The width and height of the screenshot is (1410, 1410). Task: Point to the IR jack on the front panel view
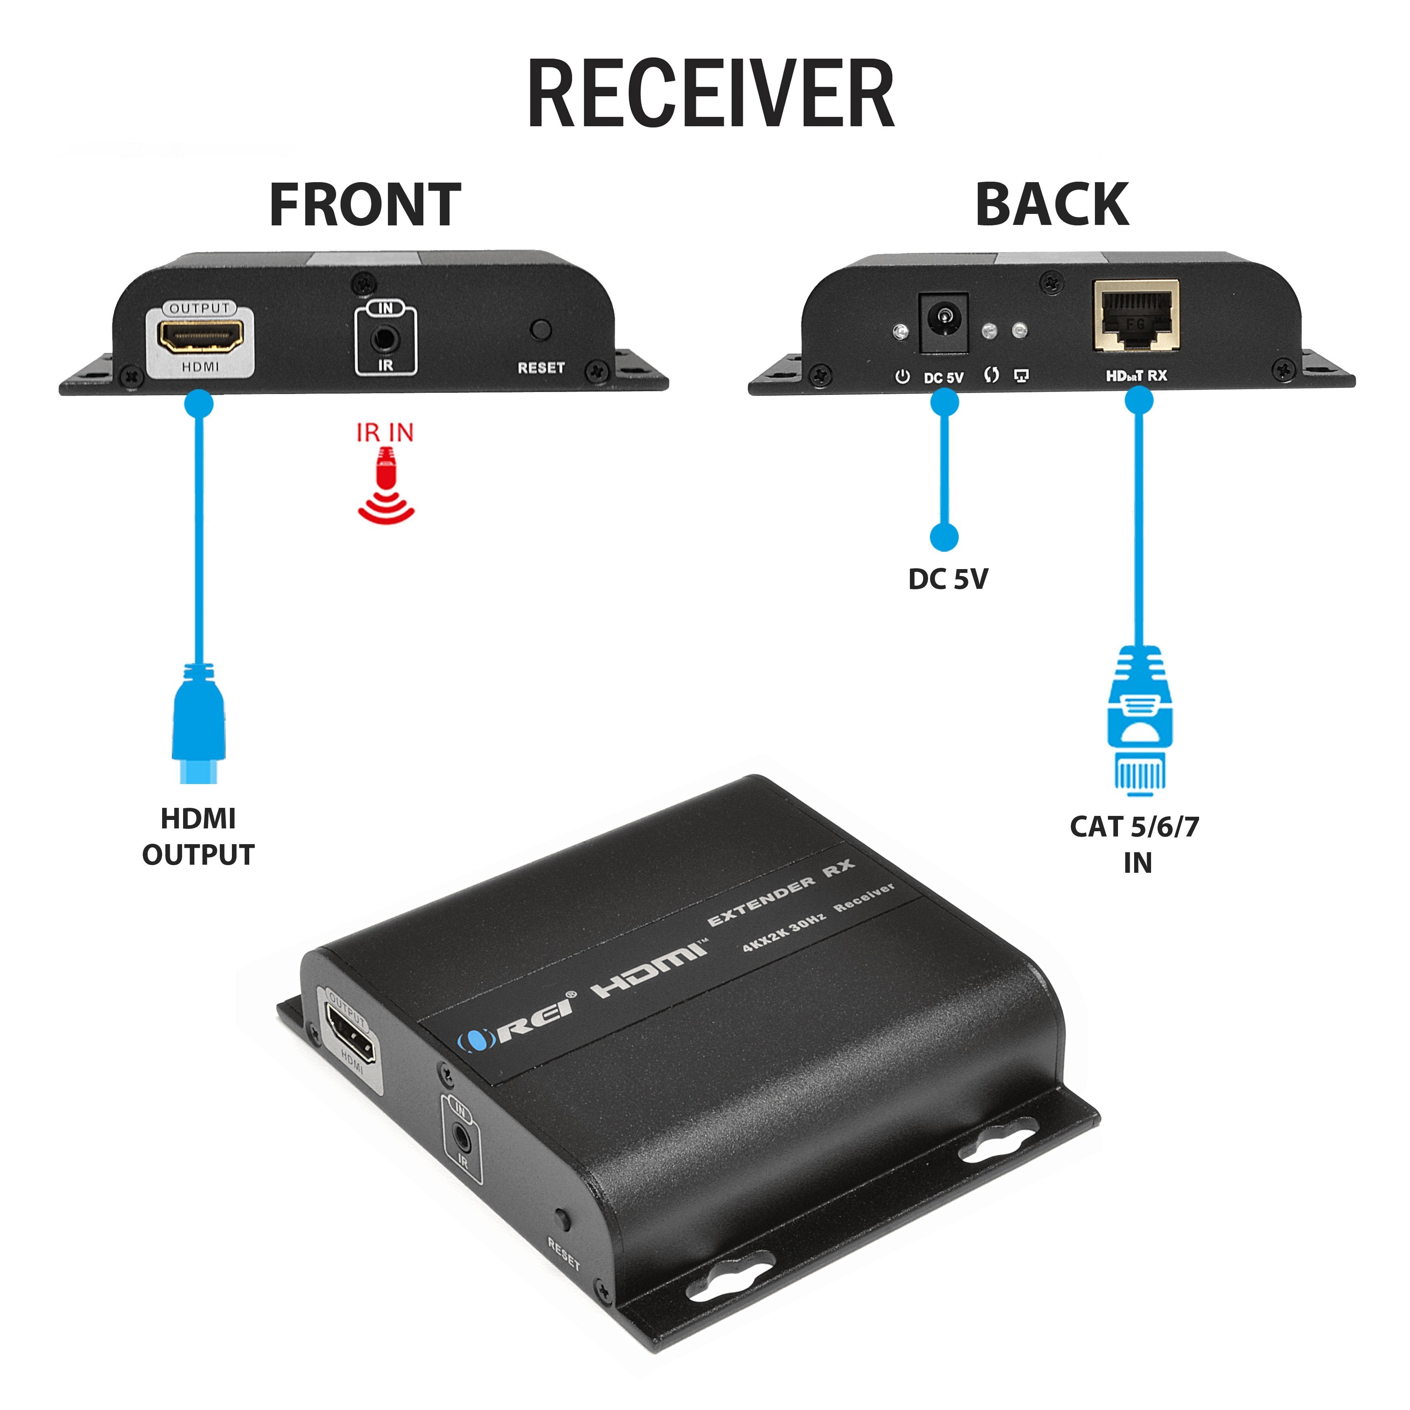[x=385, y=339]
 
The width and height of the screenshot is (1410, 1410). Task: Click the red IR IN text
[x=385, y=433]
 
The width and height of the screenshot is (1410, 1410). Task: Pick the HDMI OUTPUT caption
[x=198, y=836]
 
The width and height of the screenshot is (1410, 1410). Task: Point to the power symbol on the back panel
[x=903, y=377]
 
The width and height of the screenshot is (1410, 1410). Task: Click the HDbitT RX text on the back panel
[x=1136, y=376]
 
